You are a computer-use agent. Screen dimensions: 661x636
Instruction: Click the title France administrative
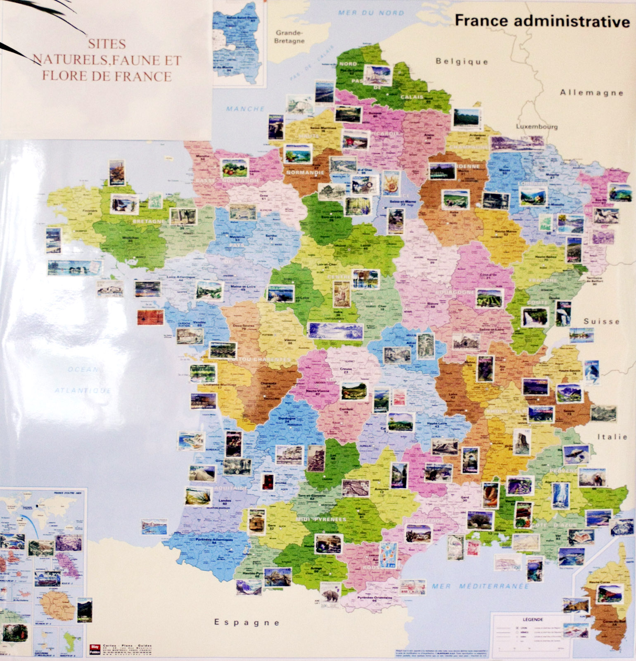[x=542, y=21]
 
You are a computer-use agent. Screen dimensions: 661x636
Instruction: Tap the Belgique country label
[x=462, y=62]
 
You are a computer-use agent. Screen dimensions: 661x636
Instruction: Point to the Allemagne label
[x=591, y=93]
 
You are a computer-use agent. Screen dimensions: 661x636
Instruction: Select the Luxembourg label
[x=536, y=126]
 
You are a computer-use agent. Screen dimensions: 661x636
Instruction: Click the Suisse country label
[x=601, y=321]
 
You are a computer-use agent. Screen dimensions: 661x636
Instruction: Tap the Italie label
[x=612, y=436]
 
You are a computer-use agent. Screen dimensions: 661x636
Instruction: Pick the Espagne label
[x=247, y=622]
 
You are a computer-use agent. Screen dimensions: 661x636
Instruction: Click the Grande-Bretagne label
[x=290, y=37]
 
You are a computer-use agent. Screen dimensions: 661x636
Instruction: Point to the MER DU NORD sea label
[x=370, y=13]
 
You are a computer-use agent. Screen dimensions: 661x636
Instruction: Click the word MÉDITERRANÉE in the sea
[x=494, y=586]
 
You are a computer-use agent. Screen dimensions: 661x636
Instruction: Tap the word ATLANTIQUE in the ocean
[x=83, y=390]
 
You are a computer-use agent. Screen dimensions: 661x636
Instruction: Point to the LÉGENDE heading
[x=532, y=619]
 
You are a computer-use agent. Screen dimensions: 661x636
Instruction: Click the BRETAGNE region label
[x=149, y=221]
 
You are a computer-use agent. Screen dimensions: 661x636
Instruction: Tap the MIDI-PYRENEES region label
[x=321, y=519]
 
